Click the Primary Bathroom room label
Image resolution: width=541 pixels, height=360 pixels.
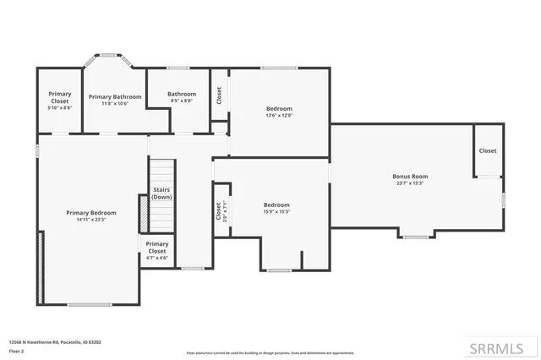[115, 96]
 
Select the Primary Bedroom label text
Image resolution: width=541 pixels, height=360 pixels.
[91, 213]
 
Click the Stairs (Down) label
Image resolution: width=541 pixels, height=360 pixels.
[161, 193]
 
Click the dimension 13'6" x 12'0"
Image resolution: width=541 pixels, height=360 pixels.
[279, 116]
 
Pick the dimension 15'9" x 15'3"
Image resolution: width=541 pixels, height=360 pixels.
[276, 211]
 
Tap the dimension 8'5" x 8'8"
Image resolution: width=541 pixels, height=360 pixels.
[181, 101]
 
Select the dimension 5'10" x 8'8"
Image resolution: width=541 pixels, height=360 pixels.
[59, 108]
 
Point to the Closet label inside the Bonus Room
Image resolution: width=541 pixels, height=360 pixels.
[488, 150]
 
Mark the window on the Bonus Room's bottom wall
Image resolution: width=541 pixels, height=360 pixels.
[415, 237]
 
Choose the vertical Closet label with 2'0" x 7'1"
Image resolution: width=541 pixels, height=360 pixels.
[218, 211]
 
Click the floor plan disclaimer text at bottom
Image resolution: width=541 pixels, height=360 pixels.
[270, 352]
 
